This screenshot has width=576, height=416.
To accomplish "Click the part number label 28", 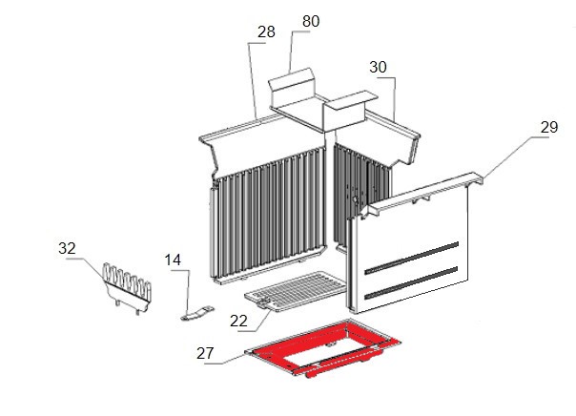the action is [x=266, y=32].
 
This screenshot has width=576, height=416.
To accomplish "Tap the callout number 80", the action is [x=311, y=21].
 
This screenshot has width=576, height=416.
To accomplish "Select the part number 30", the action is [x=378, y=67].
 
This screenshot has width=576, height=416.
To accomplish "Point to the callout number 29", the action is [x=549, y=127].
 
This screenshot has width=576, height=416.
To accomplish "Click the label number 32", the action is [x=67, y=248].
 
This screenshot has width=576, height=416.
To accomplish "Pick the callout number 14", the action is [x=173, y=260].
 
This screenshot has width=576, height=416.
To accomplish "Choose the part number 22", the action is [x=238, y=322].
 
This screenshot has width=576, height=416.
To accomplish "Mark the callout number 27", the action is [x=205, y=354].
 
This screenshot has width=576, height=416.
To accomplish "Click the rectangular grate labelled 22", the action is [x=296, y=291].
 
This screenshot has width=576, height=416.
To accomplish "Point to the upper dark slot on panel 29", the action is [x=411, y=259].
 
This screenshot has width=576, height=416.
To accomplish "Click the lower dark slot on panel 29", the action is [x=411, y=283].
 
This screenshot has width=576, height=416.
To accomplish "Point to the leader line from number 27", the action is [x=225, y=360].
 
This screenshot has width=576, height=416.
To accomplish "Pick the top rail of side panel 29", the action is [x=422, y=193].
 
